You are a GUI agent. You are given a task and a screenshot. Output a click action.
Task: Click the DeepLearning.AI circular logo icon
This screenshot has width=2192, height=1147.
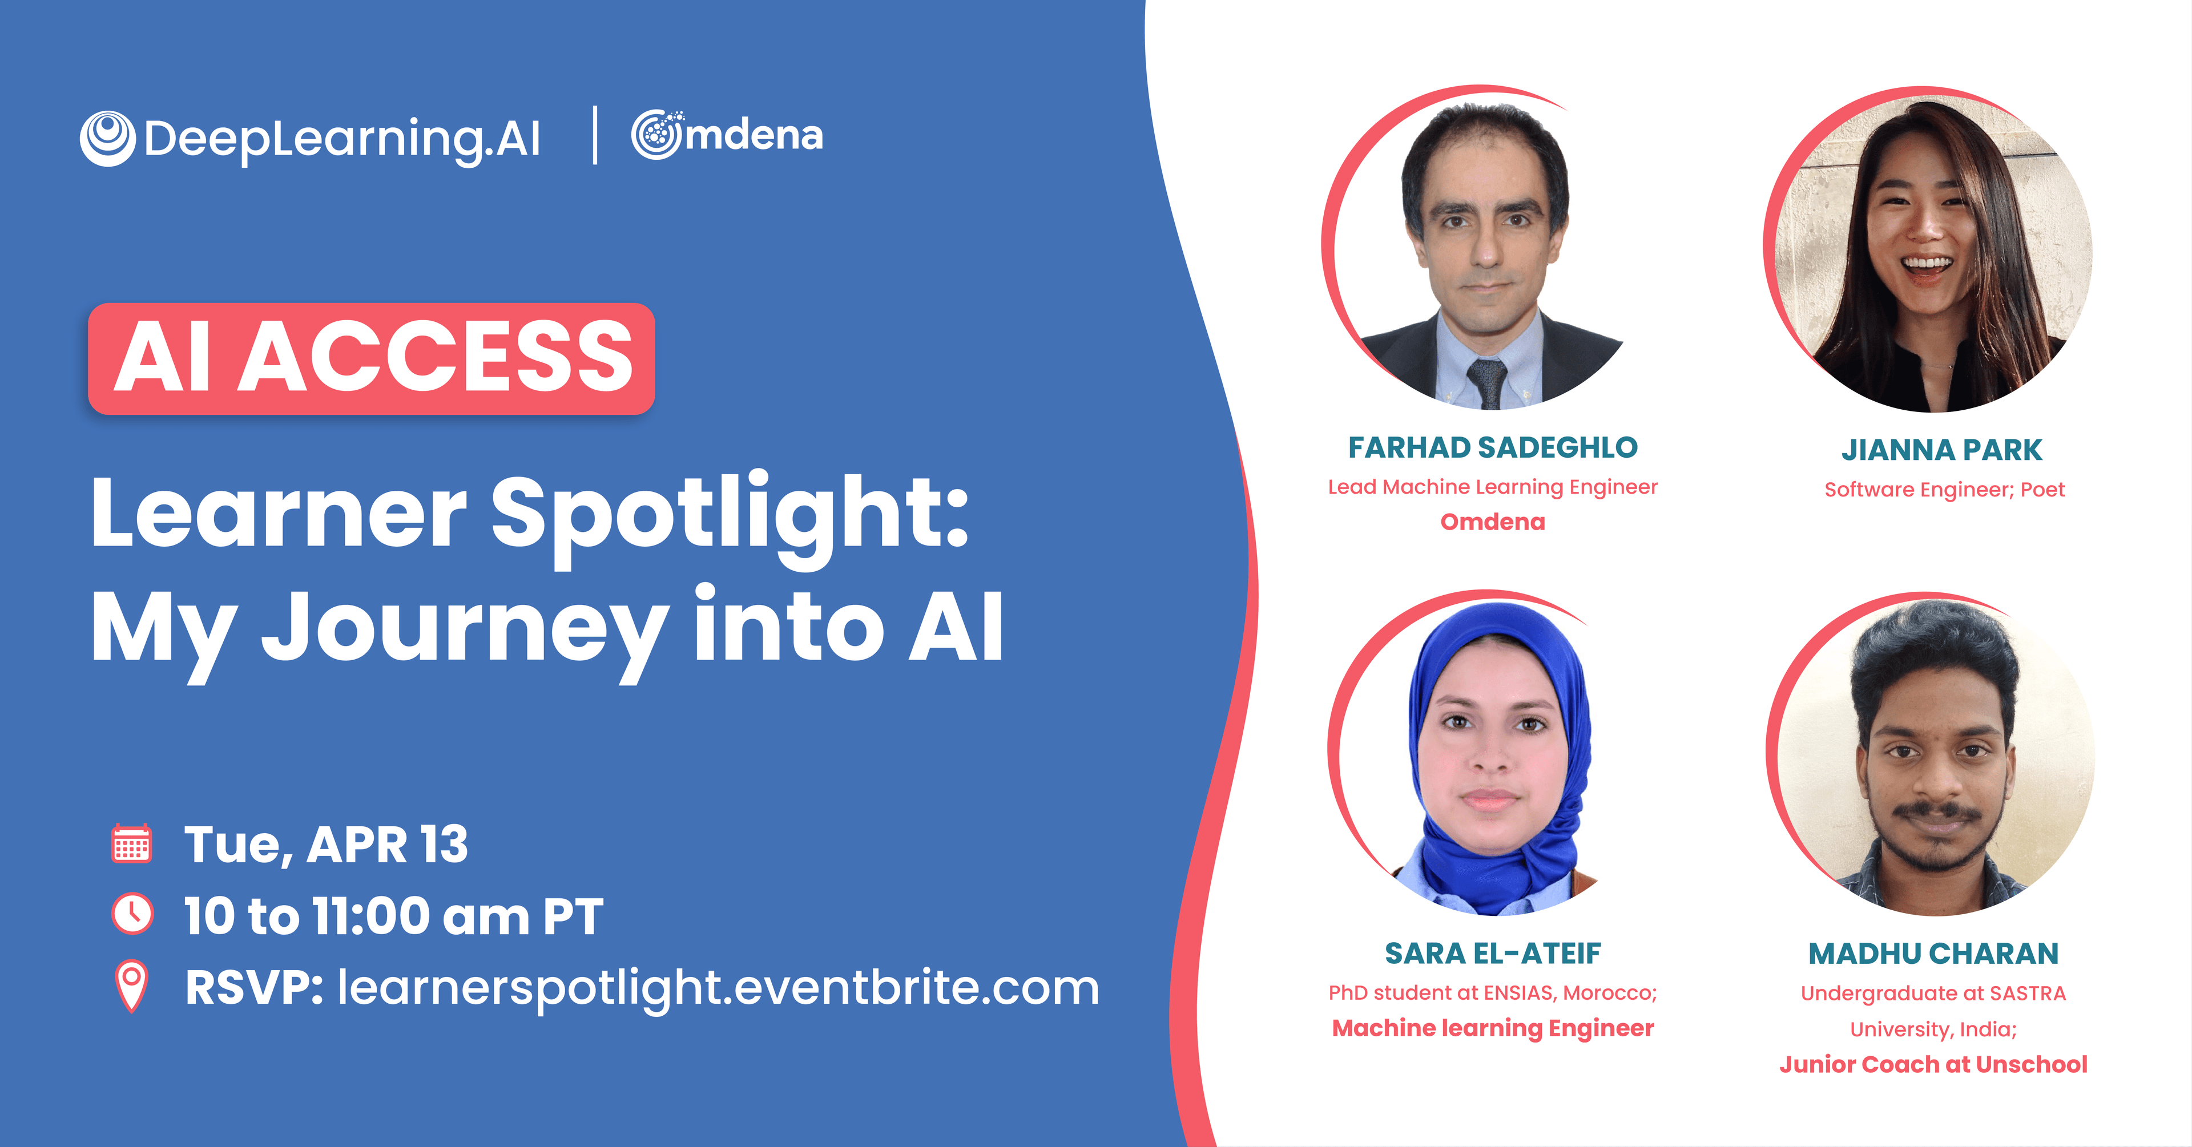pyautogui.click(x=107, y=138)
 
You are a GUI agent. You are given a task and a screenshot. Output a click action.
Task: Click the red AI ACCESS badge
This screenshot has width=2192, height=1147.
pyautogui.click(x=371, y=358)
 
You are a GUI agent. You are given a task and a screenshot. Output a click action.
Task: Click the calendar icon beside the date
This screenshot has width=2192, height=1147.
pyautogui.click(x=132, y=844)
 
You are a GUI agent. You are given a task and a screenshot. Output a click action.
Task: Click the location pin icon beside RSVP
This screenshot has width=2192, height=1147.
pyautogui.click(x=132, y=986)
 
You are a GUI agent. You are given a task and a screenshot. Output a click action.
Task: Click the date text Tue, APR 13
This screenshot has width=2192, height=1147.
pyautogui.click(x=326, y=845)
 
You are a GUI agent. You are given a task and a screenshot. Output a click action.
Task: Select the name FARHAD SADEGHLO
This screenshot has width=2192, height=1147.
pyautogui.click(x=1493, y=447)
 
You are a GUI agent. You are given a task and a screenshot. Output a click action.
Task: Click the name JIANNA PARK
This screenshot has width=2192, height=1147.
pyautogui.click(x=1942, y=450)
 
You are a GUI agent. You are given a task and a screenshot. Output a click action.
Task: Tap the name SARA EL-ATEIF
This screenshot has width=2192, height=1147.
pyautogui.click(x=1493, y=954)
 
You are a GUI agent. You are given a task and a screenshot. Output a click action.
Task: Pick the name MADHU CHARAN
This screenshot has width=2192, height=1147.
pyautogui.click(x=1933, y=954)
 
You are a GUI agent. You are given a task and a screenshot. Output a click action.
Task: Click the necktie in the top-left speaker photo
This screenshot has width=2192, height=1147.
pyautogui.click(x=1488, y=383)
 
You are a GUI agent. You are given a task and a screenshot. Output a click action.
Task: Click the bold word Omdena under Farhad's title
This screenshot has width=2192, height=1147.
pyautogui.click(x=1493, y=522)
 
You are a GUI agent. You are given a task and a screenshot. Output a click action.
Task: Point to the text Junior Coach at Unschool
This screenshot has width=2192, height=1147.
pyautogui.click(x=1933, y=1064)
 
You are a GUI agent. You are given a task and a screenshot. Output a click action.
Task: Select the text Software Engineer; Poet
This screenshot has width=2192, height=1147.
pyautogui.click(x=1944, y=490)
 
